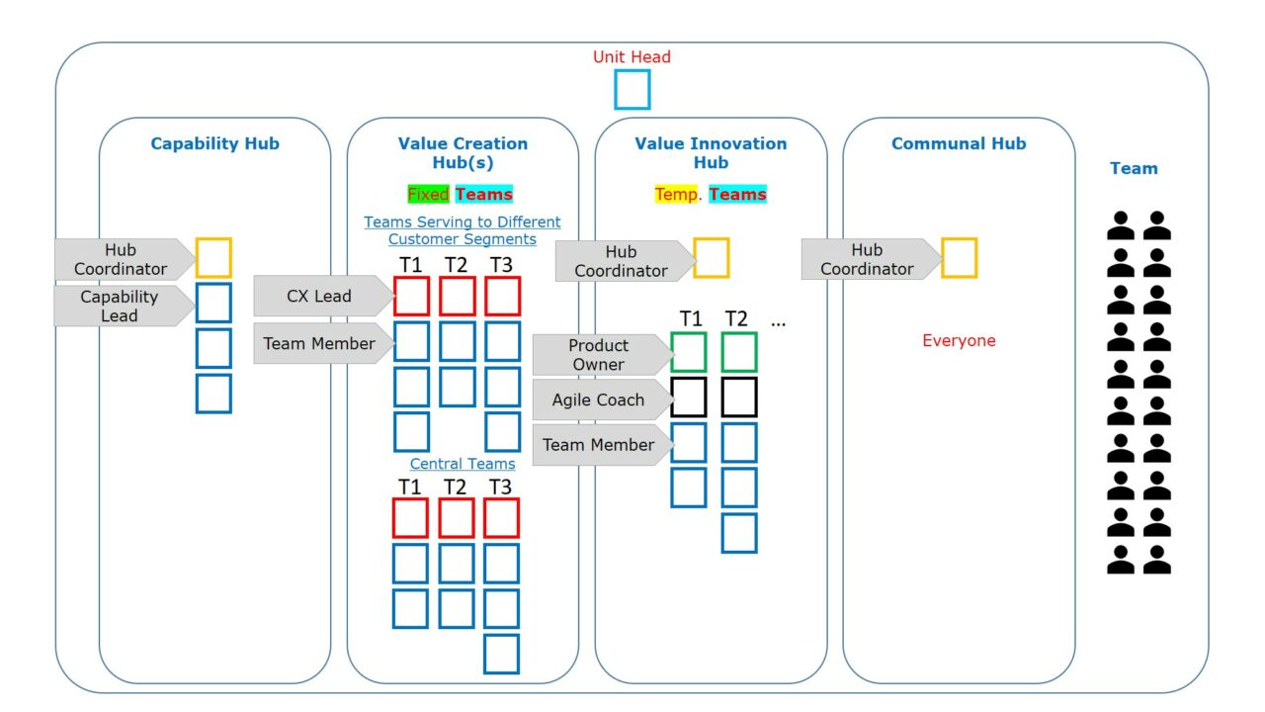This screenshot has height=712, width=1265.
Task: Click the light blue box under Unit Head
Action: pos(632,89)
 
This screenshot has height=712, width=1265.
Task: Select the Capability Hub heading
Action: pos(214,143)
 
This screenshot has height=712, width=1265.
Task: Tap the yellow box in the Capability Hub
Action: pos(213,257)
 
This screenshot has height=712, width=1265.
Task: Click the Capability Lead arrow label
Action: pos(122,306)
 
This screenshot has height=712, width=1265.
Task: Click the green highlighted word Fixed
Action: pos(428,194)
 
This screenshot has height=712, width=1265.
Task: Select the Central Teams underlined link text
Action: pos(463,464)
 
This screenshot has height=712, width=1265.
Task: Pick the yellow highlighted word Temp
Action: pos(677,194)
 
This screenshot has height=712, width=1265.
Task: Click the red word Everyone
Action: pos(959,340)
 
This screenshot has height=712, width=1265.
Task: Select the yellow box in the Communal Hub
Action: pos(959,258)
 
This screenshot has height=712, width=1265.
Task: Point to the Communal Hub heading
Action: pos(959,143)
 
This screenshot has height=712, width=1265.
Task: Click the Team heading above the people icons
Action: pos(1134,168)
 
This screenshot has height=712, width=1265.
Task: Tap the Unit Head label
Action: pos(632,56)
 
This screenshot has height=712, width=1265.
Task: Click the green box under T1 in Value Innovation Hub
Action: pos(689,352)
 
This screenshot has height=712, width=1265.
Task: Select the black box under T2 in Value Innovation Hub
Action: pos(739,398)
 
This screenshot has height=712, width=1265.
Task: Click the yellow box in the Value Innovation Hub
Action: pos(712,258)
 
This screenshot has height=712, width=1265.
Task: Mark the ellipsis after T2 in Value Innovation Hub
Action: pos(778,321)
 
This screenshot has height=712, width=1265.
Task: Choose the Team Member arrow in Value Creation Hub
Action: pos(321,343)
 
